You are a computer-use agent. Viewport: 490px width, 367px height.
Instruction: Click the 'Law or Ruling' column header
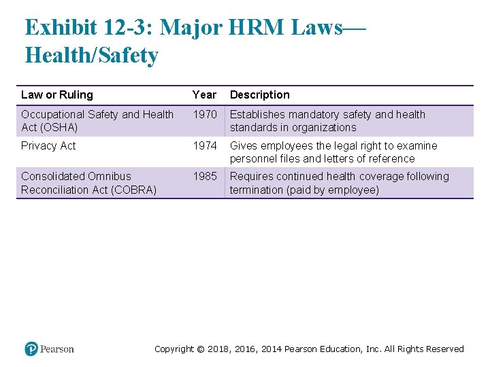point(56,95)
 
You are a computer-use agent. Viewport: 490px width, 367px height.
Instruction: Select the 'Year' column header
point(204,95)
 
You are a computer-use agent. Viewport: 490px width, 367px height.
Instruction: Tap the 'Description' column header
point(259,95)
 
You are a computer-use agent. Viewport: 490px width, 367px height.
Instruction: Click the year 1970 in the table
point(204,115)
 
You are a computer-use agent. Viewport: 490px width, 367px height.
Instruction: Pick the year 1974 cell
point(204,146)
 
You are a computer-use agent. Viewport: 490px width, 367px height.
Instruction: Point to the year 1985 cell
point(204,177)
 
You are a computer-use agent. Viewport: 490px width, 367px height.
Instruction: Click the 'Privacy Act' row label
point(48,146)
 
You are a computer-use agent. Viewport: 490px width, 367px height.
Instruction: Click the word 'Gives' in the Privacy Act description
point(244,146)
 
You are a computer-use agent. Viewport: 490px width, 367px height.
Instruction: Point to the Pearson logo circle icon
point(31,349)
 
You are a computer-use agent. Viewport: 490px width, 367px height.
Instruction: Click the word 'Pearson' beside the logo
point(56,349)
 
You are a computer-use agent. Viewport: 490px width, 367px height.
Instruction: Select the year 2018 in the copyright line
point(219,349)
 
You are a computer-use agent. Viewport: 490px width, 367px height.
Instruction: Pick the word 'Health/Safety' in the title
point(91,55)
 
